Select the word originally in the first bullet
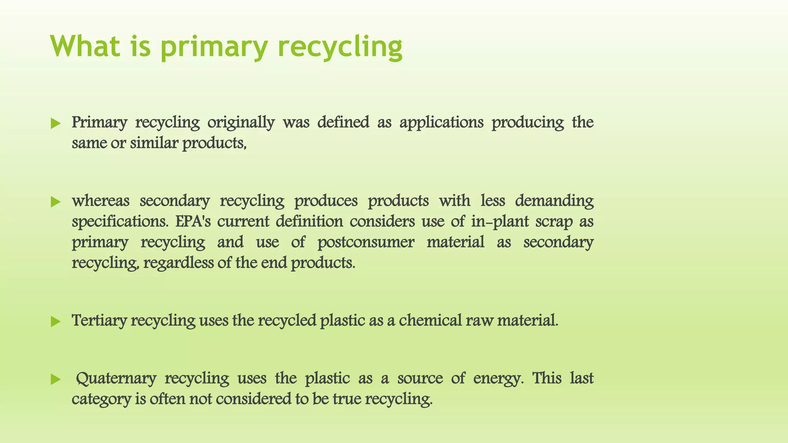click(x=241, y=123)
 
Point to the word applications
click(x=441, y=123)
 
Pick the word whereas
click(x=100, y=201)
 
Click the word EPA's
click(x=193, y=221)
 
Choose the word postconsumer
click(x=366, y=242)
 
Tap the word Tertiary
click(x=99, y=321)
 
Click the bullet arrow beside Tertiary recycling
click(x=56, y=321)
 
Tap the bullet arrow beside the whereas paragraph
click(x=56, y=202)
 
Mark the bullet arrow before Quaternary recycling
click(x=56, y=380)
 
